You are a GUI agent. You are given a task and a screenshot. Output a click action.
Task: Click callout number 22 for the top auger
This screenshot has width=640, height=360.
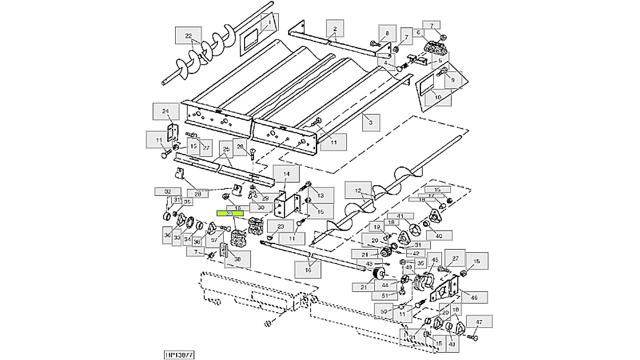pos(188,36)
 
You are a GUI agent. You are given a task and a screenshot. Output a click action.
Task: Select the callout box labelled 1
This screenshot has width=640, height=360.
pos(270,22)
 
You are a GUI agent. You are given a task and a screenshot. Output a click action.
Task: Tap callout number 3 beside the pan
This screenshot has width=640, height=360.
pos(371,122)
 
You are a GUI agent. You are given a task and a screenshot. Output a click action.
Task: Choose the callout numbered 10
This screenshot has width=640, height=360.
pos(438,97)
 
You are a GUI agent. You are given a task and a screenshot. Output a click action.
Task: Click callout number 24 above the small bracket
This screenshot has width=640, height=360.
pos(165,111)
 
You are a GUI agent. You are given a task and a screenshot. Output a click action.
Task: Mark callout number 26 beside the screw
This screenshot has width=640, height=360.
pos(240,147)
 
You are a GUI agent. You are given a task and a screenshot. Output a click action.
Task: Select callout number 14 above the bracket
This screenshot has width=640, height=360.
pos(286,174)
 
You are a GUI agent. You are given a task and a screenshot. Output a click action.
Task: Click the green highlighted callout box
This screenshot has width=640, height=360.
pos(230,213)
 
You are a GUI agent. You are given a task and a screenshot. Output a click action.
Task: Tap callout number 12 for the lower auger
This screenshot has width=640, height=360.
pos(358,191)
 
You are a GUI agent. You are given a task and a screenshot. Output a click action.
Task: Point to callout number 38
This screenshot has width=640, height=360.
pos(237,259)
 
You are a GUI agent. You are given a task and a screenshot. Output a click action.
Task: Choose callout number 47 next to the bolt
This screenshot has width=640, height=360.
pos(479,322)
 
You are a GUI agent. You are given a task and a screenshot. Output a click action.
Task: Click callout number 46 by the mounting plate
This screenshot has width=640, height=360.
pos(474,297)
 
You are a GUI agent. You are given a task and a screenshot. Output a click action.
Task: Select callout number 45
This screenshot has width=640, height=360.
pos(435,260)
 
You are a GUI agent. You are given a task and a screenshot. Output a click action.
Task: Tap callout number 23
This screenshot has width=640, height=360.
pos(281,227)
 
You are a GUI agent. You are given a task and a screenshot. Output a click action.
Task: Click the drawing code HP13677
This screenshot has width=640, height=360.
pos(179,355)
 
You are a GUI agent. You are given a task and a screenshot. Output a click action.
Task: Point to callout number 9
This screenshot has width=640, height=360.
pos(453,80)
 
